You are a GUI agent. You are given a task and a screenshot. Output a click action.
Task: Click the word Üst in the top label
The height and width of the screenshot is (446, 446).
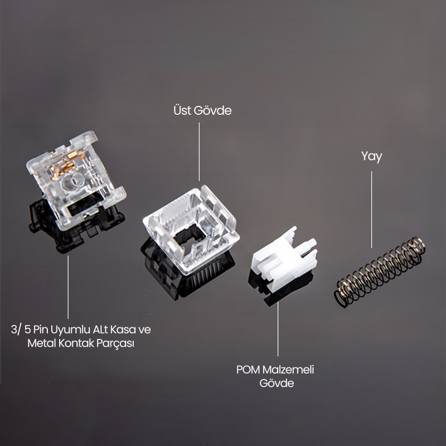[x=181, y=111]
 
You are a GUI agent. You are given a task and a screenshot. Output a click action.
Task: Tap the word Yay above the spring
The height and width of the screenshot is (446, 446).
[x=371, y=157]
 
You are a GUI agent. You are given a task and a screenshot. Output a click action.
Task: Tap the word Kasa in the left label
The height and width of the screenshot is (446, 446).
[x=121, y=329]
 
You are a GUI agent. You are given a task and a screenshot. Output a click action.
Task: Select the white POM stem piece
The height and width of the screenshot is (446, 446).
[x=284, y=262]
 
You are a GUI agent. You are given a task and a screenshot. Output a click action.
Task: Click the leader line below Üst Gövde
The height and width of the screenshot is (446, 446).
[x=200, y=151]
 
